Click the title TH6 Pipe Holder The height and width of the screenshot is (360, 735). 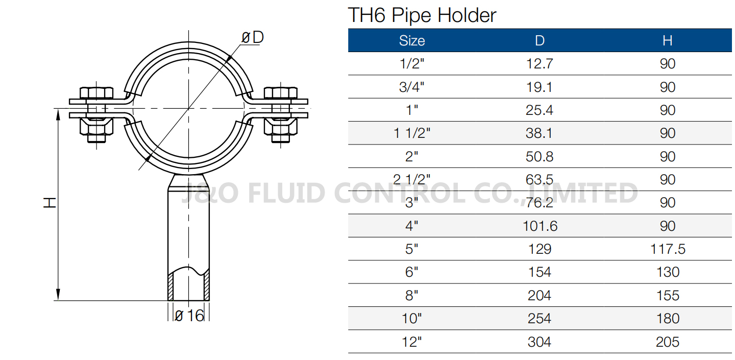coord(422,15)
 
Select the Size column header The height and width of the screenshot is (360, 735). coord(411,41)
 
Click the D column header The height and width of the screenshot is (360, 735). coord(540,41)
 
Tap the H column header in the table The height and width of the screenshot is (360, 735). coord(667,41)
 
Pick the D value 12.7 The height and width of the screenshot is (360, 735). coord(540,64)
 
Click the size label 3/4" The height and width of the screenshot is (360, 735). coord(411,87)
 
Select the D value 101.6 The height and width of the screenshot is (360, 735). coord(540,226)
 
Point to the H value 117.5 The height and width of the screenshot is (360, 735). coord(667,249)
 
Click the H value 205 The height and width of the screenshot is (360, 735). coord(667,342)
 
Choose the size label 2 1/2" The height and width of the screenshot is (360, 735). coord(411,180)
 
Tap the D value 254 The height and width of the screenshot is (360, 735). coord(540,319)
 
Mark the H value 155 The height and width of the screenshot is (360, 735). coord(667,296)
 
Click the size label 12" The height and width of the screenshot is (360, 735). coord(411,342)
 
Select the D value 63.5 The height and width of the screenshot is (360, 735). coord(540,180)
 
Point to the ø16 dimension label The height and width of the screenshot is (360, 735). coord(189,316)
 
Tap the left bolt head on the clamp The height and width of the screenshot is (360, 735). coord(97,93)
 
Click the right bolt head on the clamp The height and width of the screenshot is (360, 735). coord(280,93)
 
